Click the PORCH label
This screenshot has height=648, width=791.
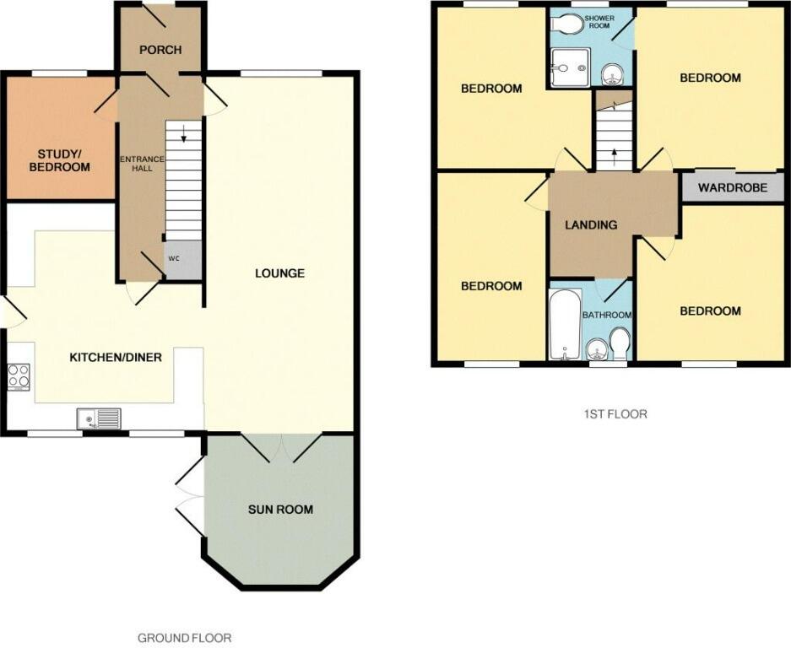click(160, 50)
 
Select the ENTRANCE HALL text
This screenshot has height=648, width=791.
click(138, 165)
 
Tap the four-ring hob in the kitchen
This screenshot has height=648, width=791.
click(18, 375)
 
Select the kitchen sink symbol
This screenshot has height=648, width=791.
click(98, 418)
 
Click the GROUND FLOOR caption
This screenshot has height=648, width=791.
click(184, 638)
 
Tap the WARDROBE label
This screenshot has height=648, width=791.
click(732, 187)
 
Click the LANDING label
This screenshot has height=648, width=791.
click(591, 224)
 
